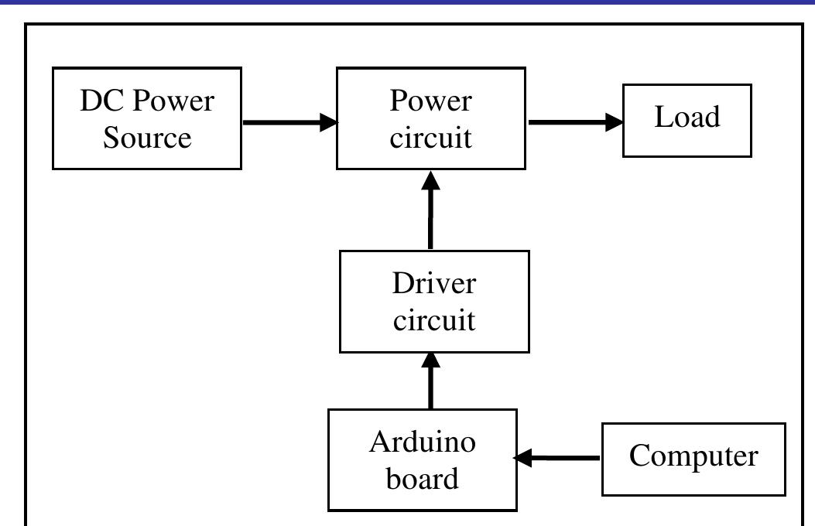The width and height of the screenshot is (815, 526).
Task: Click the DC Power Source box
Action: (147, 118)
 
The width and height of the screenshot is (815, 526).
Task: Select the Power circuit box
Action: (431, 118)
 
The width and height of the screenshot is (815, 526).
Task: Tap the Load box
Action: (687, 120)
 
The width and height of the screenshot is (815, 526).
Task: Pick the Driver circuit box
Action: (434, 302)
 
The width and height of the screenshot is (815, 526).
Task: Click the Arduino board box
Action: (423, 460)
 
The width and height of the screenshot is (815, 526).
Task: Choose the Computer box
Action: (693, 459)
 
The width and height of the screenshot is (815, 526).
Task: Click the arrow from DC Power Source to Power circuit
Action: (286, 121)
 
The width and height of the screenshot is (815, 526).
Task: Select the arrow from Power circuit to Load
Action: (573, 121)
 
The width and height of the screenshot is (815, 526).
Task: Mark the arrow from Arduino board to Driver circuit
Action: (431, 381)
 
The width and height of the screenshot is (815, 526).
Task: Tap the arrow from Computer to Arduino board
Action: (559, 458)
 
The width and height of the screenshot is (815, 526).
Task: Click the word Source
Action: (147, 138)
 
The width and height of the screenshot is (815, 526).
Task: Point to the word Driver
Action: (433, 283)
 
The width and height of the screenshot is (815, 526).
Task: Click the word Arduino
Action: (423, 442)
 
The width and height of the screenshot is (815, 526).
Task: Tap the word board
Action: (423, 478)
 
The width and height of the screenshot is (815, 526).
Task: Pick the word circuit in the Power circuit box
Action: (431, 138)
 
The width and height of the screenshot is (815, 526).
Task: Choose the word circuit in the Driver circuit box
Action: (434, 319)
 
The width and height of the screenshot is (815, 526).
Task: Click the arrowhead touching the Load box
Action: (615, 121)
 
